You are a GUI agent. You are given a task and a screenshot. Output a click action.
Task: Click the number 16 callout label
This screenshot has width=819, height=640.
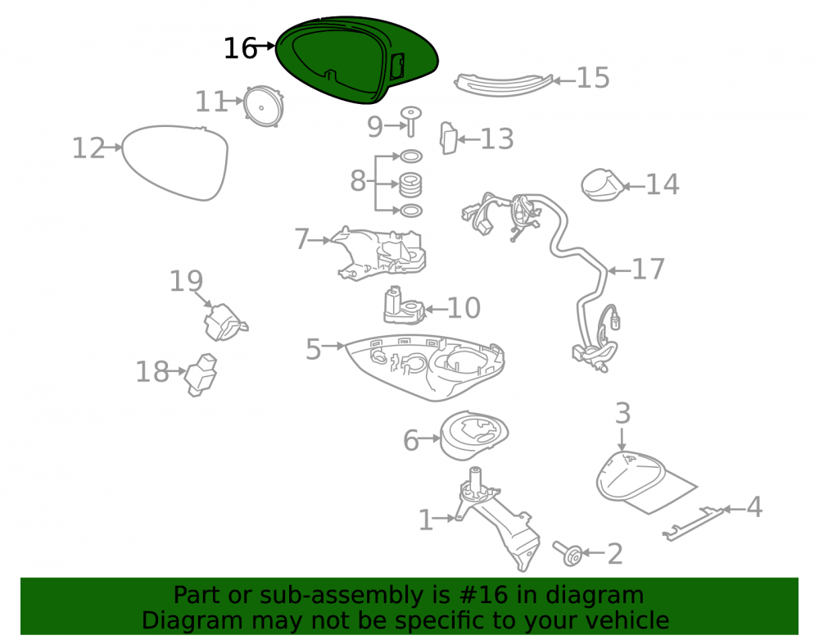[240, 48]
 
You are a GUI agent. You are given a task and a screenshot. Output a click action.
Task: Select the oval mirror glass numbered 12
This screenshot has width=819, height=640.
[175, 162]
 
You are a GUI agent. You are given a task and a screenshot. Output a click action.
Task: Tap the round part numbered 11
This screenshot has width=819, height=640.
[263, 107]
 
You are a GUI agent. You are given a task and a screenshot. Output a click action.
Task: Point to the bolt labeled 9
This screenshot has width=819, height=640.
[410, 122]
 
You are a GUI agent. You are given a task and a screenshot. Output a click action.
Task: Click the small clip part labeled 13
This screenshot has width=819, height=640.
[448, 138]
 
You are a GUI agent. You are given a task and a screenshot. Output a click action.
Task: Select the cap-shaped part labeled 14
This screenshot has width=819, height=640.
[602, 184]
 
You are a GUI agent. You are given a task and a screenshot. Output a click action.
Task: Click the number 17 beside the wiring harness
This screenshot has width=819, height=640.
[648, 269]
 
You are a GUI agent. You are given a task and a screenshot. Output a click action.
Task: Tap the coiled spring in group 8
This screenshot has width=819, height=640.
[410, 185]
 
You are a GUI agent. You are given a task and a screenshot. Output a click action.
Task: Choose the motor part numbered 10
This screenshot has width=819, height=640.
[404, 306]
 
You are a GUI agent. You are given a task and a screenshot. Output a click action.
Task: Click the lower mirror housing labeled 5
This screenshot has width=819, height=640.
[424, 365]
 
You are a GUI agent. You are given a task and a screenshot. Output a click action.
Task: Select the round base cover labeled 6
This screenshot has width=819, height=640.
[473, 435]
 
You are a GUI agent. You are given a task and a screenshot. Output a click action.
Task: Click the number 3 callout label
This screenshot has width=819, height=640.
[622, 413]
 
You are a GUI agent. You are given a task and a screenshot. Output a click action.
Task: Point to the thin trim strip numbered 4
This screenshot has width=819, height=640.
[694, 523]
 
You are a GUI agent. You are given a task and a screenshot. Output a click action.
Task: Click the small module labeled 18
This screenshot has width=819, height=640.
[201, 374]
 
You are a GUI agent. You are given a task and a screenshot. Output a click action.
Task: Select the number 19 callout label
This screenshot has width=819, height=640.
[186, 281]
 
